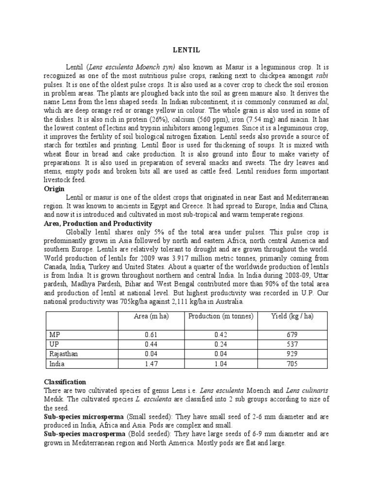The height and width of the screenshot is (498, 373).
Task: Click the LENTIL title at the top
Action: click(x=186, y=49)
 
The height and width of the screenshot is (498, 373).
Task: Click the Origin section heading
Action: click(x=54, y=189)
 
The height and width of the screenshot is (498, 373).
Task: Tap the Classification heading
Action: click(x=65, y=382)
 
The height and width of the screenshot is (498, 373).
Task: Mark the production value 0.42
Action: click(x=221, y=335)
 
